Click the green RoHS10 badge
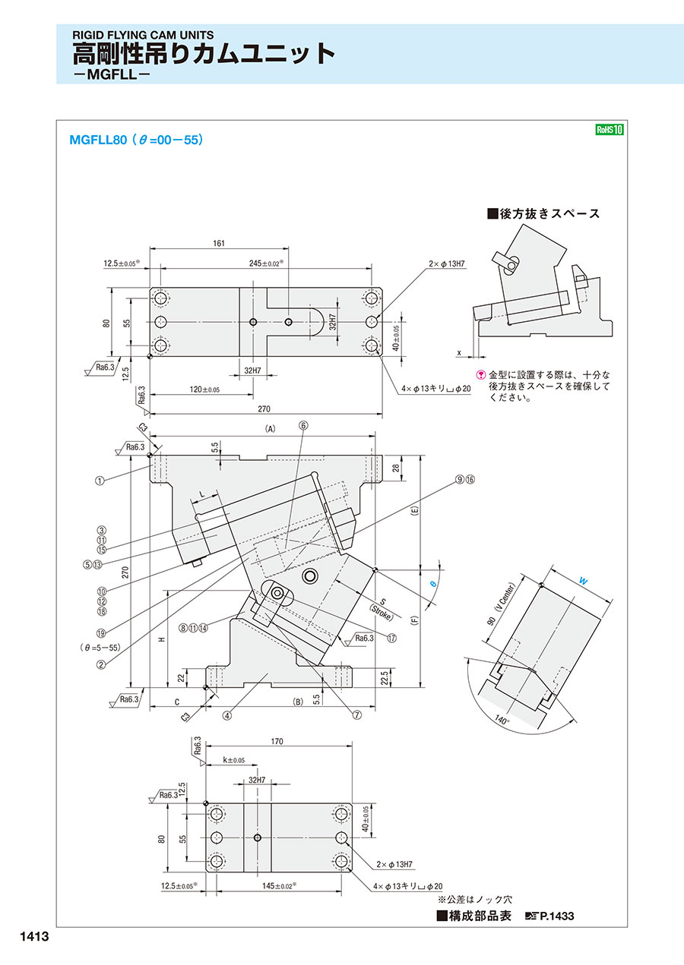pos(610,129)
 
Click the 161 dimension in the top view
pos(219,244)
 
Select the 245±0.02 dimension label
pos(266,263)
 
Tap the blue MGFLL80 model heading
pos(98,140)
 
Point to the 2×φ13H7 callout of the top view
pos(447,263)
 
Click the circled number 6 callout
pos(303,426)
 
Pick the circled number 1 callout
pos(100,481)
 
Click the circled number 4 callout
pos(226,715)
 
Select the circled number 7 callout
pos(357,715)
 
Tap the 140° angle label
pos(502,720)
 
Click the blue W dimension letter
pos(583,581)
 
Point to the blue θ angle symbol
pos(433,584)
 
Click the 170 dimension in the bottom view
pos(277,742)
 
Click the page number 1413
pos(35,936)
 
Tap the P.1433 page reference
pos(557,916)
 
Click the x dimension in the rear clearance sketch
pos(459,353)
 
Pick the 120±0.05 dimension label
pos(204,389)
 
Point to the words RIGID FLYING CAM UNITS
pos(143,35)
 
